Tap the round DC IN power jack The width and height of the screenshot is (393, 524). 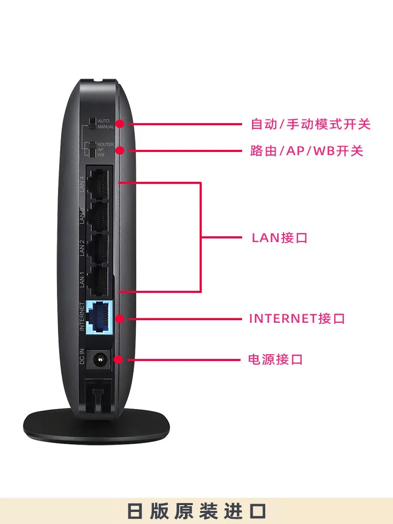(98, 359)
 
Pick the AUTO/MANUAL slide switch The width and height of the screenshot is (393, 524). (93, 124)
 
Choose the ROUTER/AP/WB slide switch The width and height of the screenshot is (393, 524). (93, 149)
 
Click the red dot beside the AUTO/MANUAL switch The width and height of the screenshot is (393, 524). (120, 124)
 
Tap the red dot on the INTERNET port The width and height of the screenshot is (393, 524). (120, 318)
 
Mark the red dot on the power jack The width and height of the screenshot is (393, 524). (118, 359)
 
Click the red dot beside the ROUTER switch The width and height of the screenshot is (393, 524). (120, 150)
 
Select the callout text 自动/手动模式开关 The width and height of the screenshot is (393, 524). (311, 125)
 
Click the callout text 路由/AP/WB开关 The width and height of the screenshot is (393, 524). (307, 151)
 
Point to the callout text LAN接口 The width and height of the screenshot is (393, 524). (279, 238)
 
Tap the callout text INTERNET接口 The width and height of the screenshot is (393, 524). (297, 319)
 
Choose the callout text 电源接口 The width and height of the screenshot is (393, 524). (276, 360)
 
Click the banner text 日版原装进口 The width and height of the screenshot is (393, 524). (196, 511)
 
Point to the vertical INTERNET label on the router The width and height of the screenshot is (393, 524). (82, 316)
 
